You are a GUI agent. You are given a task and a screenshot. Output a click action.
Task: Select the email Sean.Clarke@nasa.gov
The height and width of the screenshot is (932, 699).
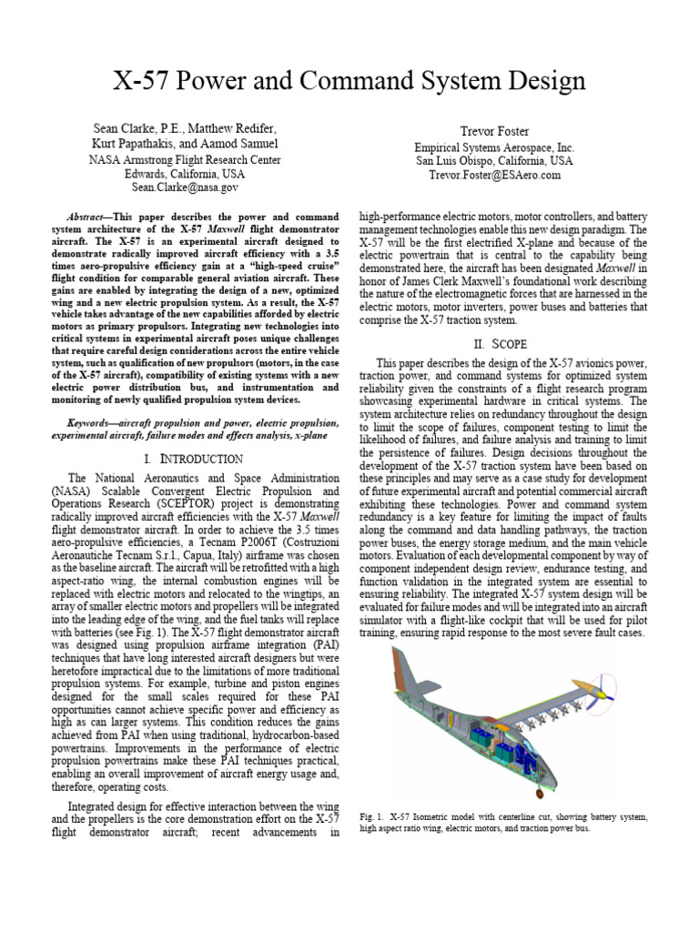tap(185, 187)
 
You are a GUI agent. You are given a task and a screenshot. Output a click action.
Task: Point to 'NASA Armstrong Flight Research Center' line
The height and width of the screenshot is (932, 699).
tap(185, 159)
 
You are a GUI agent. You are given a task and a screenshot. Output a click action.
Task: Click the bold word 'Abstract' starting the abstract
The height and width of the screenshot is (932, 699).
tap(91, 218)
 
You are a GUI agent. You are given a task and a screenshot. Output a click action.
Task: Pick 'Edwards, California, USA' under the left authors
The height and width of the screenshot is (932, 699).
tap(185, 174)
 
